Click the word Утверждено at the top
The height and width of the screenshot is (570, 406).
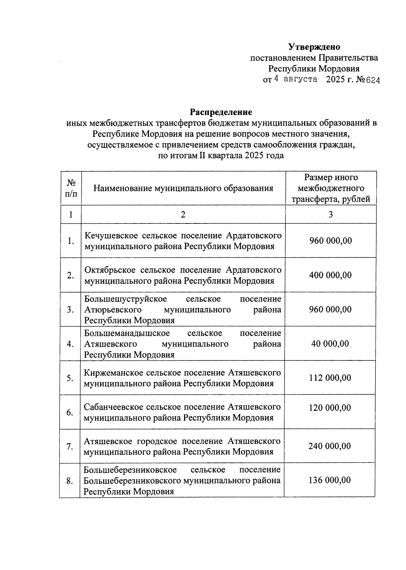[314, 47]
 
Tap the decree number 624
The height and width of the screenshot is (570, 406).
[371, 80]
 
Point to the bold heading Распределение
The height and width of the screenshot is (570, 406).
[221, 112]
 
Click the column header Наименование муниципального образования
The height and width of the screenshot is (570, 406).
[183, 188]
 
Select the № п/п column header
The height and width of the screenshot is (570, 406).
[71, 188]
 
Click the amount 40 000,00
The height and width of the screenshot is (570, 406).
[330, 343]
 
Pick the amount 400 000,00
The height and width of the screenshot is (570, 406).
[330, 275]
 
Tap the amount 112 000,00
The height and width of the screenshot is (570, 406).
[330, 378]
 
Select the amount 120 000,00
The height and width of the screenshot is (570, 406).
[330, 408]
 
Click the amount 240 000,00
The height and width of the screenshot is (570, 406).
[330, 446]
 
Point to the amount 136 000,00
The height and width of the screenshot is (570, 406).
[330, 480]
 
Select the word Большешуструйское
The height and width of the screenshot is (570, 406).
[126, 299]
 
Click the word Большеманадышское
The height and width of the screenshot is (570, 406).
[127, 333]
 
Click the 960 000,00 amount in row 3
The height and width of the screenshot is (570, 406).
[330, 309]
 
